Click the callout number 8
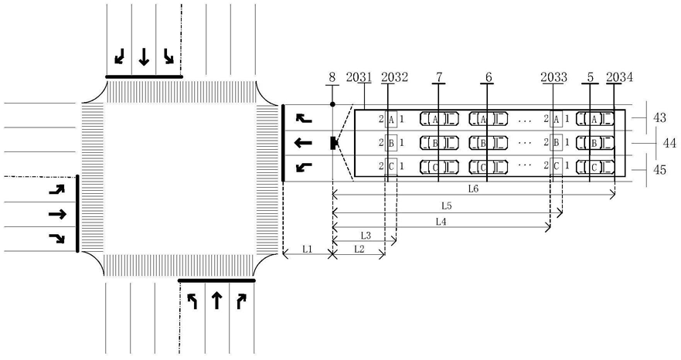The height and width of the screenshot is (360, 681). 332,77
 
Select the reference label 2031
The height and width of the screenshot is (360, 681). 359,77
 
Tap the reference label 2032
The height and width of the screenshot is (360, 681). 395,77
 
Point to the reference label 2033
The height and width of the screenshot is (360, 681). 553,77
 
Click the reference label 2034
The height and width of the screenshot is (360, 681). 620,77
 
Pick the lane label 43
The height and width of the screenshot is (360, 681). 659,117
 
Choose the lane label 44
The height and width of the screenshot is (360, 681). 669,142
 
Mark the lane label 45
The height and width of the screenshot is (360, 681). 659,170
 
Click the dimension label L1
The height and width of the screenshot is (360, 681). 308,250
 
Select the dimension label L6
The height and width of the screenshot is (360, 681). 473,189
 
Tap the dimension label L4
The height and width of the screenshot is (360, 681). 441,222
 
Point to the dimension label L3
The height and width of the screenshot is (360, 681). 366,236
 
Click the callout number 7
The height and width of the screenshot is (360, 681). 439,77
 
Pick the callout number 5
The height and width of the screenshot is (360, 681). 590,77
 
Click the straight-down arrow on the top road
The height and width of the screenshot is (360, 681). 144,57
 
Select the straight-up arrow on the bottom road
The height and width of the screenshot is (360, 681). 216,300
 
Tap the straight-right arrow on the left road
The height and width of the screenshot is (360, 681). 57,214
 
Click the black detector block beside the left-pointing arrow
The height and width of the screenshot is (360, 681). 334,143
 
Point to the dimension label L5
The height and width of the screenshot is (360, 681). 447,205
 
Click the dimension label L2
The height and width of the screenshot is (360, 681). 359,250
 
